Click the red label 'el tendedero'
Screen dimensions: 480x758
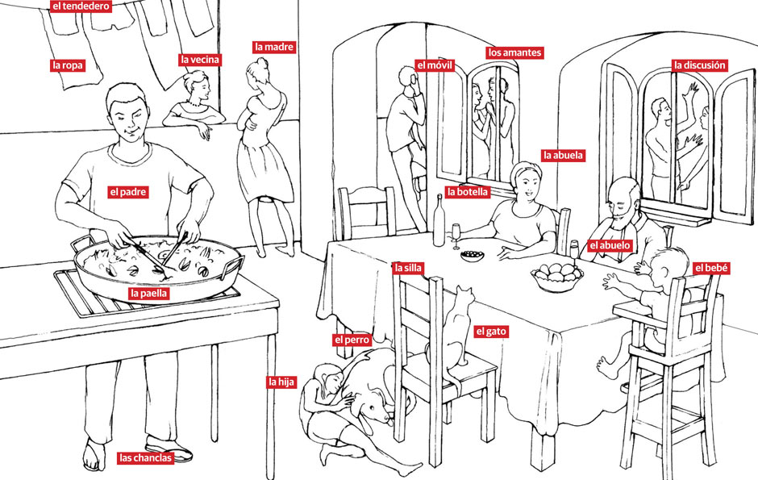[80, 7]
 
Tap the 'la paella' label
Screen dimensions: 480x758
[148, 294]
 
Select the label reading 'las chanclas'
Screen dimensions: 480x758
[146, 458]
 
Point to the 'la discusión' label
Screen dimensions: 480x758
[700, 65]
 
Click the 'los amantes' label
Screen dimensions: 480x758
[514, 52]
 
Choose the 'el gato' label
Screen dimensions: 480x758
[491, 331]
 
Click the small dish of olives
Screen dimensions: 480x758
[471, 257]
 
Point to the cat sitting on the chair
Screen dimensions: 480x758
[458, 323]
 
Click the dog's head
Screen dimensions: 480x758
[373, 407]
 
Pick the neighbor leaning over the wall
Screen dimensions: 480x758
[194, 101]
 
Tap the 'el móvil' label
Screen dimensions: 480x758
[434, 65]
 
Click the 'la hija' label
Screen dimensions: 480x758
[281, 382]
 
